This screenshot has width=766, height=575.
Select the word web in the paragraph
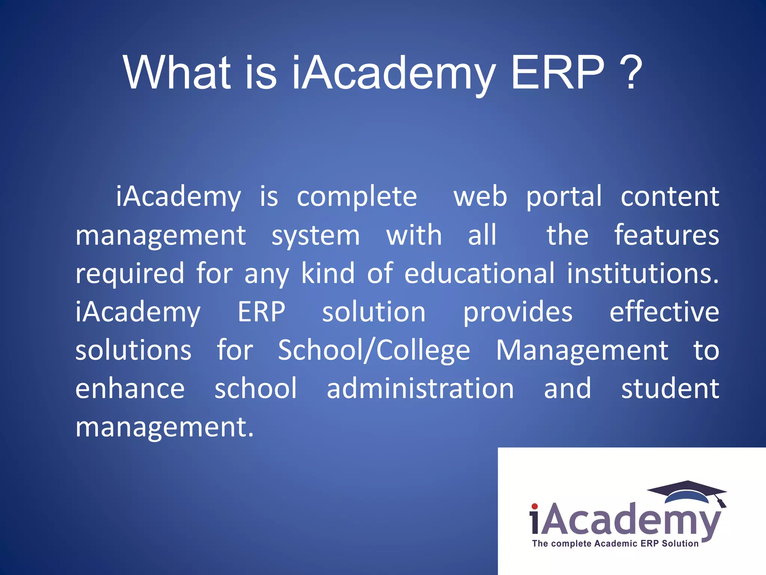[480, 197]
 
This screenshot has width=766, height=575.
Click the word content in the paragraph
[670, 197]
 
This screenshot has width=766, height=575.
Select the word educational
[479, 273]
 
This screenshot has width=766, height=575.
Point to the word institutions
[643, 273]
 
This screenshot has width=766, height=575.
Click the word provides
[518, 313]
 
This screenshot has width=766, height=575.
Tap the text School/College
[374, 351]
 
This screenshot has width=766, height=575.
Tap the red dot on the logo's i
[534, 506]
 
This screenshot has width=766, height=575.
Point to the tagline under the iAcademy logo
[615, 544]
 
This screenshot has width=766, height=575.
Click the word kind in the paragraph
[328, 273]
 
